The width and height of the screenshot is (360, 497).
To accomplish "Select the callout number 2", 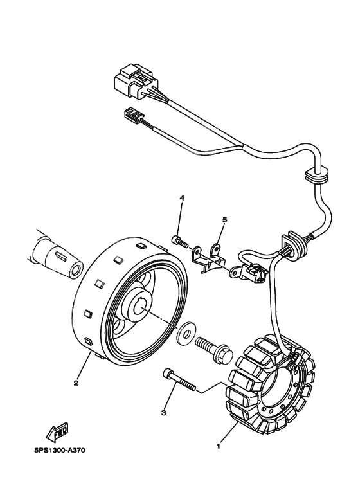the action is [x=76, y=383].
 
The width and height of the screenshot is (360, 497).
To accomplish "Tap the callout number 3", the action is [x=163, y=413].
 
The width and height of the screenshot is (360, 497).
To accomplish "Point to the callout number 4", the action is [x=182, y=198].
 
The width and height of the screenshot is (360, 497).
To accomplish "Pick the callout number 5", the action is [x=225, y=219].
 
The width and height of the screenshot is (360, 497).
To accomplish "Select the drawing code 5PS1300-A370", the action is [x=60, y=451].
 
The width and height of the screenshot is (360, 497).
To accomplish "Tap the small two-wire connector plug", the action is [x=131, y=114].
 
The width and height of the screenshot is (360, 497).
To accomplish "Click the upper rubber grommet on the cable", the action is [x=316, y=176].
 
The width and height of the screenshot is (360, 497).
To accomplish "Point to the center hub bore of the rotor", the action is [x=141, y=309].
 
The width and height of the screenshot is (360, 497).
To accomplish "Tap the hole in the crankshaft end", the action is [x=75, y=271].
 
